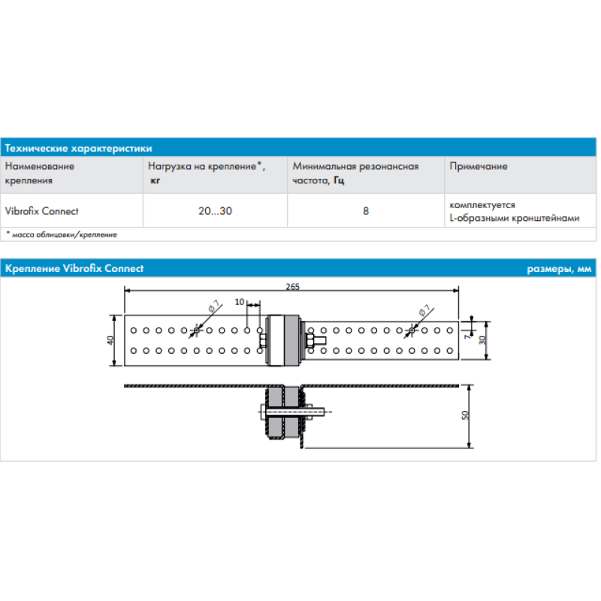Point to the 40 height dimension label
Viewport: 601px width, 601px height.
(111, 340)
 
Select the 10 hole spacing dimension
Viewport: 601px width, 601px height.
(239, 302)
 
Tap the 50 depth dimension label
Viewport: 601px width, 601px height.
(465, 415)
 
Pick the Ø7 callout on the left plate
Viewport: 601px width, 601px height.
(214, 306)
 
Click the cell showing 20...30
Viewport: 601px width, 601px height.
(215, 211)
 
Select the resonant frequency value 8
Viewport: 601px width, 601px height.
(366, 211)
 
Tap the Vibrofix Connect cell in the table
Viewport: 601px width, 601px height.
(42, 211)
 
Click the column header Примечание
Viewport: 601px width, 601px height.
(478, 167)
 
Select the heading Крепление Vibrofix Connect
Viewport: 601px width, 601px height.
(74, 269)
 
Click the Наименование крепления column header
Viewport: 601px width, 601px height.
(40, 174)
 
